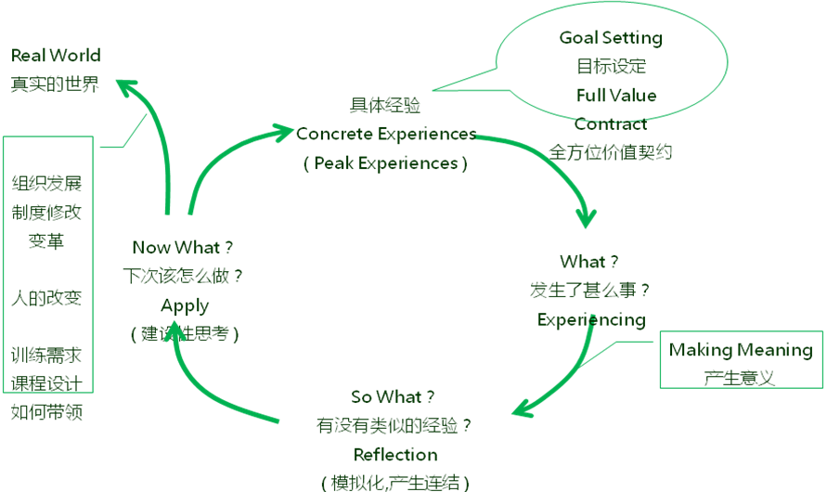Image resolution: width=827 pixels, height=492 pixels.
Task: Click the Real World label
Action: pos(56,56)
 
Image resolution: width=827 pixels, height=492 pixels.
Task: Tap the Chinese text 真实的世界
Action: pos(55,84)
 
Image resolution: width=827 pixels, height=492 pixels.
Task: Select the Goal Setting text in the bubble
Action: pos(611,38)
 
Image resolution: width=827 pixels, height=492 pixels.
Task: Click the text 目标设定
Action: pos(612,67)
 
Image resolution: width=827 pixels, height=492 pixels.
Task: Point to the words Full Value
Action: pos(616,96)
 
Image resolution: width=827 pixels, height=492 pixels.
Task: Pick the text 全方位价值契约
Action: pos(610,152)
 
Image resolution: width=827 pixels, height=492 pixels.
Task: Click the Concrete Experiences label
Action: pos(386,134)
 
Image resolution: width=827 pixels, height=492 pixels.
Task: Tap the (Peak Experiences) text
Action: pos(385,163)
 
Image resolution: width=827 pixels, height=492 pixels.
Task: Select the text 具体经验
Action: pos(385,106)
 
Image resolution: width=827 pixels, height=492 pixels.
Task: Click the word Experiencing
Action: pos(591,320)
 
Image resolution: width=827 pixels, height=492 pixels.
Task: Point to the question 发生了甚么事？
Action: pos(589,291)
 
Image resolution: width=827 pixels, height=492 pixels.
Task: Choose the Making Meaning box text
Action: pos(741,350)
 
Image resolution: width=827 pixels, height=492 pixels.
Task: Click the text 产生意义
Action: pos(740,378)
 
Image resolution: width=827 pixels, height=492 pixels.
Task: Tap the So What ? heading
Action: pos(393,396)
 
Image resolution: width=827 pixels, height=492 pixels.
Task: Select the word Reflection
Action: pos(395,455)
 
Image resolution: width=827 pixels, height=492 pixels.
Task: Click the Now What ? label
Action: pos(183,247)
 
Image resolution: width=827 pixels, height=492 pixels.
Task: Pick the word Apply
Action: pos(185,305)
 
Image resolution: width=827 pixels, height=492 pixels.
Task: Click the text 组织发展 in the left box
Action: pos(46,184)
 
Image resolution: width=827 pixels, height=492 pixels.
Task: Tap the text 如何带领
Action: pos(46,412)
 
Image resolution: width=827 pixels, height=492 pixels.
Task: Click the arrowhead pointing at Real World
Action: pos(126,87)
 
